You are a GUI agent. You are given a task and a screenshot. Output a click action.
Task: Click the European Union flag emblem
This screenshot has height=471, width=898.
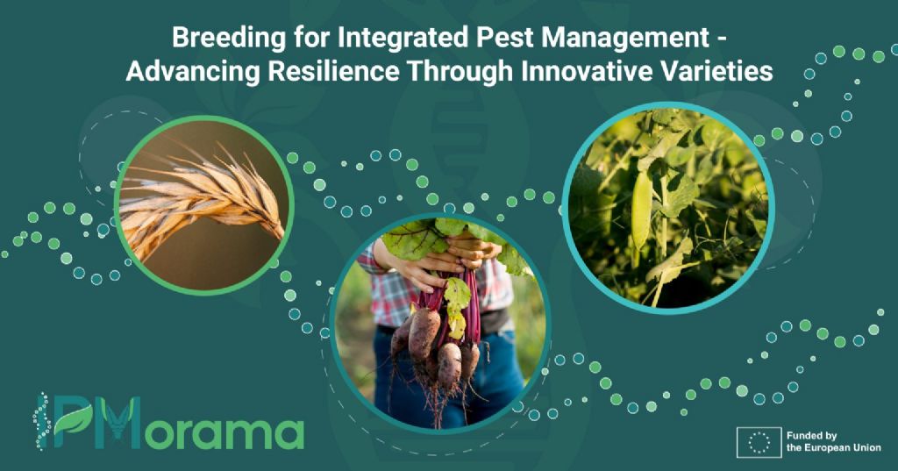coord(759,442)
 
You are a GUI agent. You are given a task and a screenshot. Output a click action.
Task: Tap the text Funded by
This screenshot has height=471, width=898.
coord(811,436)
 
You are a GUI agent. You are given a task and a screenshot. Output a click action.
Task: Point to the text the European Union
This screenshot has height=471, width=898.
coord(834,448)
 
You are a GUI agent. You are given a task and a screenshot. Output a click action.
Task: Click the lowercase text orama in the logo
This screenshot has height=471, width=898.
coord(224,434)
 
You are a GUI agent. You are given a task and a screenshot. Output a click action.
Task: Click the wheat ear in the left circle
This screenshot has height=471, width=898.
coord(202,195)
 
